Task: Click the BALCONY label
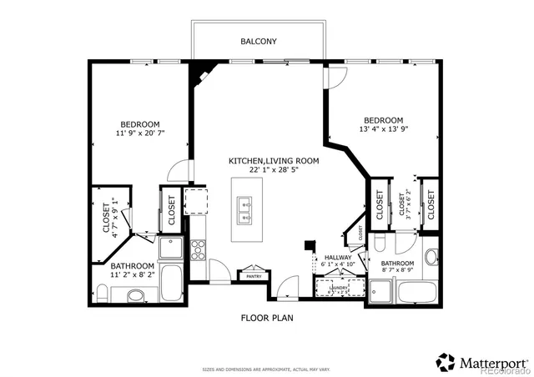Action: pos(259,41)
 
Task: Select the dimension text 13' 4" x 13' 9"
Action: pos(384,129)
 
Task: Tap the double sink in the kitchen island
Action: pos(245,210)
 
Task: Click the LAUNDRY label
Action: pos(338,288)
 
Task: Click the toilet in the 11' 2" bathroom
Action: pos(102,292)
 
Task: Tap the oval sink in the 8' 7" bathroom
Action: pos(431,257)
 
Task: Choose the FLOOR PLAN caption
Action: pos(266,318)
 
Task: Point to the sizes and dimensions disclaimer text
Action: pos(266,368)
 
